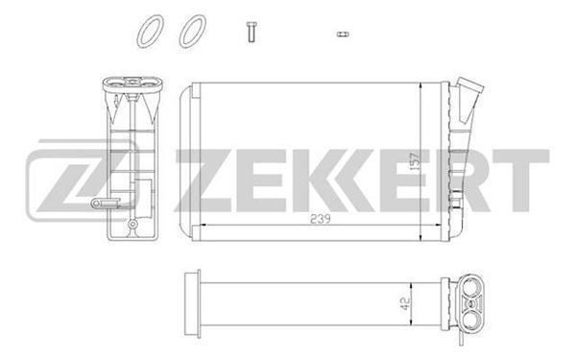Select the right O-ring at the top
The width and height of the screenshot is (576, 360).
click(192, 30)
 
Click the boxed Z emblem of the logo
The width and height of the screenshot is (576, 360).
click(67, 180)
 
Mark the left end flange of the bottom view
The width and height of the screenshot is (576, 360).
click(189, 299)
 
